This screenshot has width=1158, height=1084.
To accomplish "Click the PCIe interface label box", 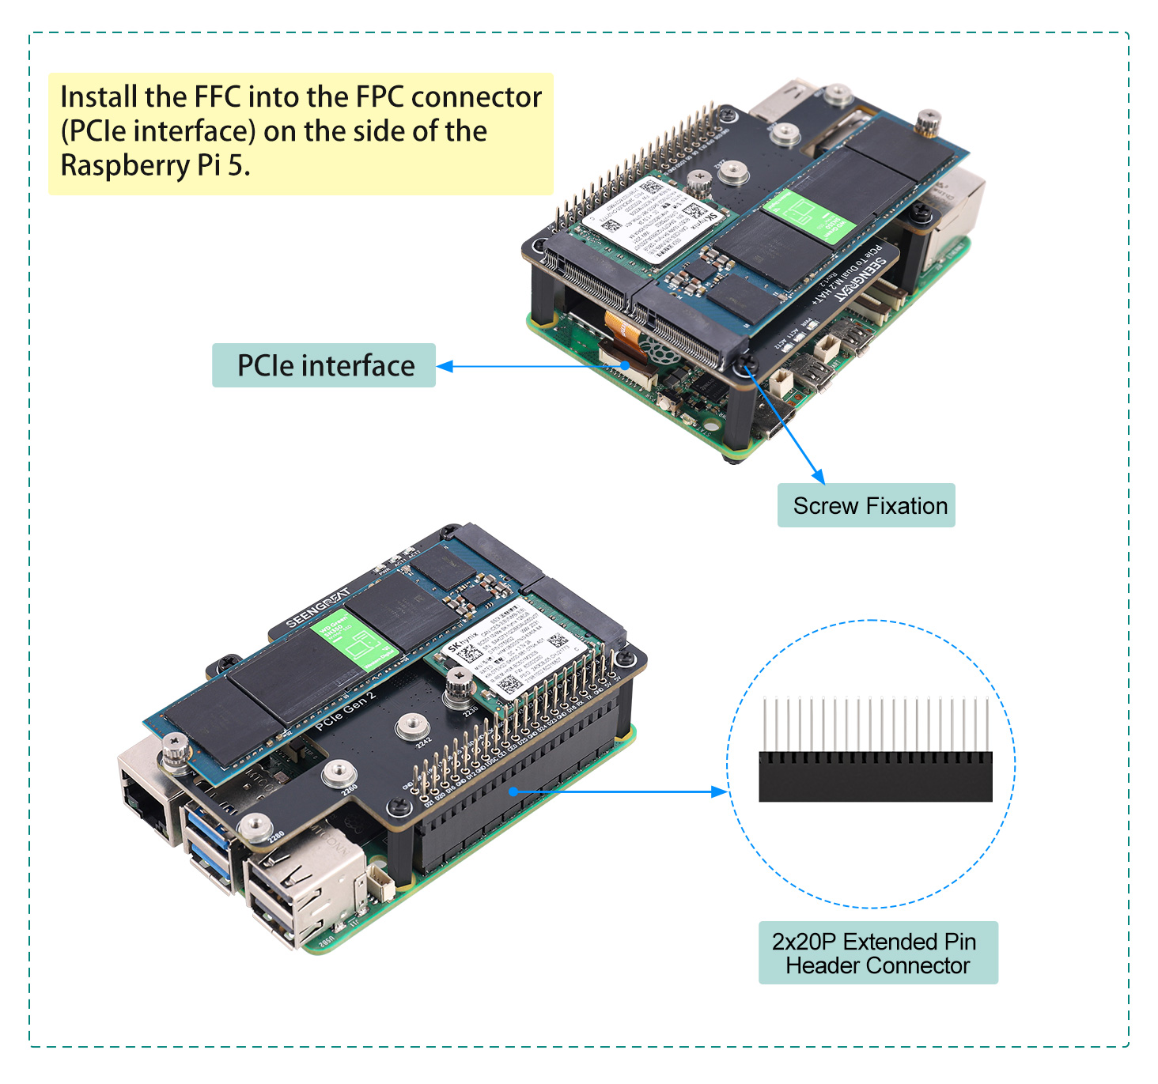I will pyautogui.click(x=324, y=365).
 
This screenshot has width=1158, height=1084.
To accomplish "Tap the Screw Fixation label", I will pyautogui.click(x=866, y=505).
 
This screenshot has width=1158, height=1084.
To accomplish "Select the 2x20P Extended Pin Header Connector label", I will pyautogui.click(x=877, y=953).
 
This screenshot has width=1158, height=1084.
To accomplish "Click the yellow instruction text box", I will pyautogui.click(x=301, y=134).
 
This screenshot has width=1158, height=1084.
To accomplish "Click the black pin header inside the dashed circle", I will pyautogui.click(x=875, y=776).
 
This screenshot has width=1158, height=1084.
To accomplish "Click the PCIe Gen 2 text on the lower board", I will pyautogui.click(x=346, y=711).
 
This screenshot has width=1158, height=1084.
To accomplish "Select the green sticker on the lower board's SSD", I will pyautogui.click(x=353, y=641).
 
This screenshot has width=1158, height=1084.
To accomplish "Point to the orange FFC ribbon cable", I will pyautogui.click(x=620, y=332).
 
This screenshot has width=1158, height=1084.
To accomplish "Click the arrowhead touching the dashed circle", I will pyautogui.click(x=719, y=791).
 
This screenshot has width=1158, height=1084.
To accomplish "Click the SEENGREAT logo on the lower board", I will pyautogui.click(x=316, y=608).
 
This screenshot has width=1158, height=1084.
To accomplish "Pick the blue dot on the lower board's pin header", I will pyautogui.click(x=513, y=791).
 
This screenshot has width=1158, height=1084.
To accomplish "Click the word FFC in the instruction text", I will pyautogui.click(x=218, y=97).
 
